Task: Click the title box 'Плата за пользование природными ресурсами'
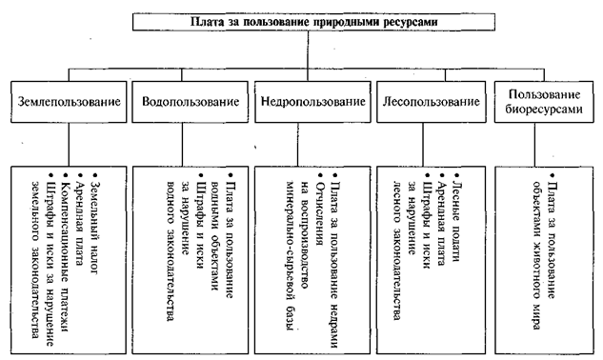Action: [x=313, y=22]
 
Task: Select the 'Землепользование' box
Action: [x=69, y=102]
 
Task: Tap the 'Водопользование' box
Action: [x=190, y=102]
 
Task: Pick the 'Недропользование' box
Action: [x=312, y=102]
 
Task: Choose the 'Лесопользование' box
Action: [x=432, y=102]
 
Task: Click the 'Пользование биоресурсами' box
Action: [x=543, y=102]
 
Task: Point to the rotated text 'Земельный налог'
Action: [x=94, y=224]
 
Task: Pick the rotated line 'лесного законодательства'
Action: [x=397, y=250]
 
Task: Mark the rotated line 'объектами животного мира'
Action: [x=537, y=255]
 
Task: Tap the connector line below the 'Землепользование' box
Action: [x=69, y=145]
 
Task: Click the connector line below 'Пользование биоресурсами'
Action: [x=534, y=145]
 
